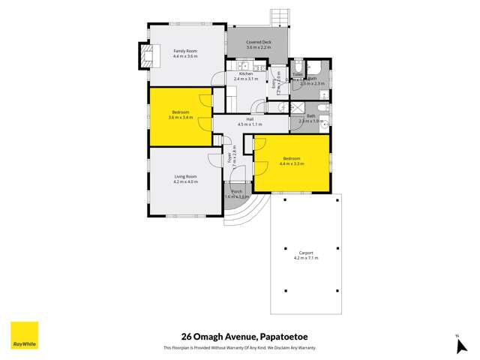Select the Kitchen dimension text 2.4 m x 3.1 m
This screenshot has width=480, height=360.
coord(245,79)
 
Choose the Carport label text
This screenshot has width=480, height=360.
coord(304,253)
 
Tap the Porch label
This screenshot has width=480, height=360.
coord(236,191)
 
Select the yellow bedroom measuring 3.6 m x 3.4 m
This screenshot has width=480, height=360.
coord(180,117)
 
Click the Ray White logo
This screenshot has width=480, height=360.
coord(24,335)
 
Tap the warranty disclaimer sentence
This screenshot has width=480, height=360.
coord(239,347)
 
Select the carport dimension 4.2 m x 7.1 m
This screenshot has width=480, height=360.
coord(304,258)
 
